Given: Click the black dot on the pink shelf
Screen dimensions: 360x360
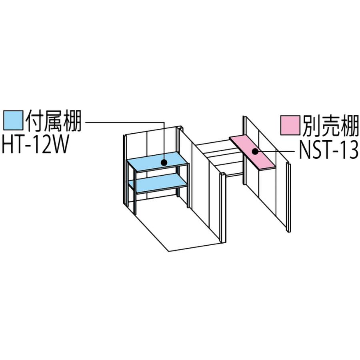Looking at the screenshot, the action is (255, 151).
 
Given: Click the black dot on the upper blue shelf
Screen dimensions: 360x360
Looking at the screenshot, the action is (164, 162).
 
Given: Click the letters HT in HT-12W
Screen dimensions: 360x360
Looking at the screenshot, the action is (12, 144).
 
